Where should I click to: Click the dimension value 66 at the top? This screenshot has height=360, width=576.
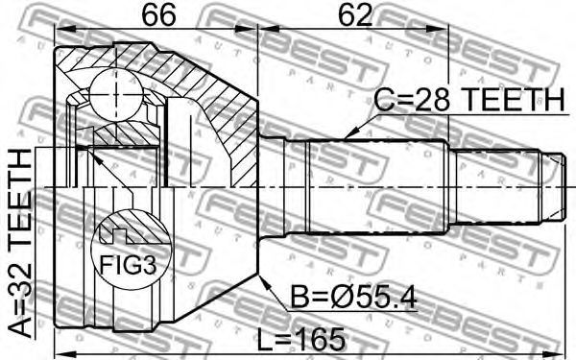pyautogui.click(x=158, y=15)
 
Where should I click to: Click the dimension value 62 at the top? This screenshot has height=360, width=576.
pyautogui.click(x=355, y=15)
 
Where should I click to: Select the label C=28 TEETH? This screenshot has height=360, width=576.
pyautogui.click(x=468, y=100)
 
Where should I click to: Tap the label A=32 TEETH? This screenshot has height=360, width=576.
pyautogui.click(x=20, y=244)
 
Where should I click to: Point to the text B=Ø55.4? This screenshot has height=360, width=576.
pyautogui.click(x=353, y=298)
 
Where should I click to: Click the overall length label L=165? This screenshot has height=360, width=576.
pyautogui.click(x=301, y=339)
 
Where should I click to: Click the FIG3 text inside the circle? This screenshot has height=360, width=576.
pyautogui.click(x=129, y=265)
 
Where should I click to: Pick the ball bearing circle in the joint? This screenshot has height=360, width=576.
pyautogui.click(x=116, y=95)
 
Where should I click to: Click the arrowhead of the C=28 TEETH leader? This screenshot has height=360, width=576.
pyautogui.click(x=349, y=134)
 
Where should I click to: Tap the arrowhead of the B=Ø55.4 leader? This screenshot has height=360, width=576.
pyautogui.click(x=263, y=280)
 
